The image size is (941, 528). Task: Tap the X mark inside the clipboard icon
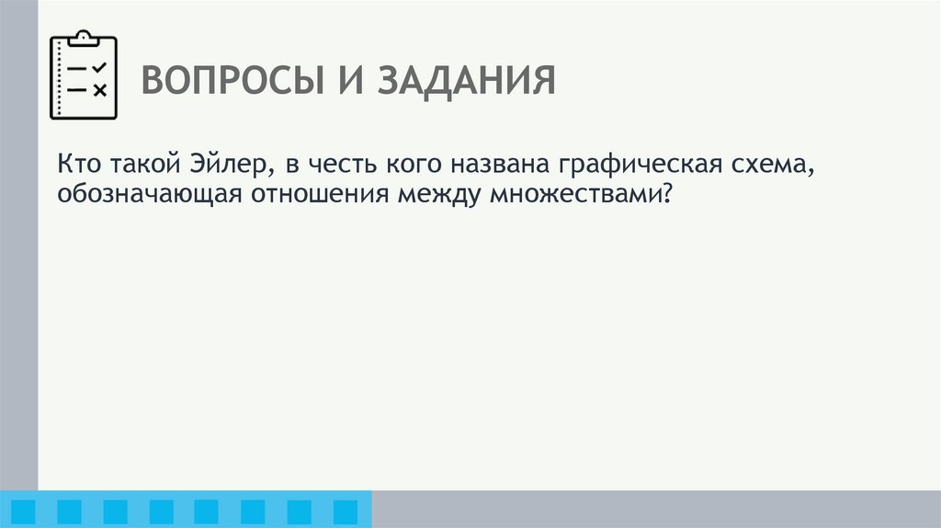[x=99, y=89]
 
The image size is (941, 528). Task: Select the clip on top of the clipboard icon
[x=83, y=36]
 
